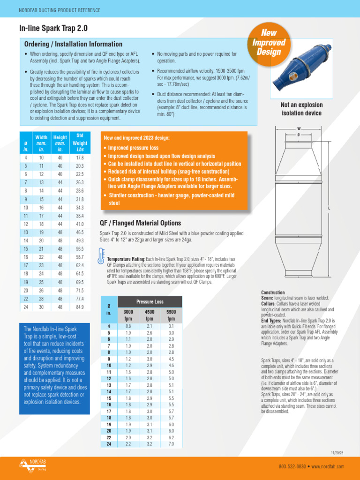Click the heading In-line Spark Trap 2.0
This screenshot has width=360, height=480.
tap(53, 29)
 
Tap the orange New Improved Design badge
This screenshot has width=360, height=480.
tap(269, 43)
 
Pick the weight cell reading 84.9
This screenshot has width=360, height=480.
tap(80, 307)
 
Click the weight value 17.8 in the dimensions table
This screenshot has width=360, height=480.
tap(80, 157)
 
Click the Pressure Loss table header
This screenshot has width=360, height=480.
tap(150, 302)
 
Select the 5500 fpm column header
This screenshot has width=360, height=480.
tap(171, 315)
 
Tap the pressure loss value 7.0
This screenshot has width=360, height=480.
tap(171, 444)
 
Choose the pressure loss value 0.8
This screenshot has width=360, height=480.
tap(128, 326)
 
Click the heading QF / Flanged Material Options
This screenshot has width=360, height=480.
tap(141, 223)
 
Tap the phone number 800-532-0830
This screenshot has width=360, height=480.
tap(292, 467)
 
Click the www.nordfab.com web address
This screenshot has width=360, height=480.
tap(329, 467)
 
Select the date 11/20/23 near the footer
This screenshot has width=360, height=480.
tap(337, 453)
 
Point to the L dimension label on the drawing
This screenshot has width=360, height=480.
tap(330, 208)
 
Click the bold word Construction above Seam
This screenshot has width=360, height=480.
tap(273, 292)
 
